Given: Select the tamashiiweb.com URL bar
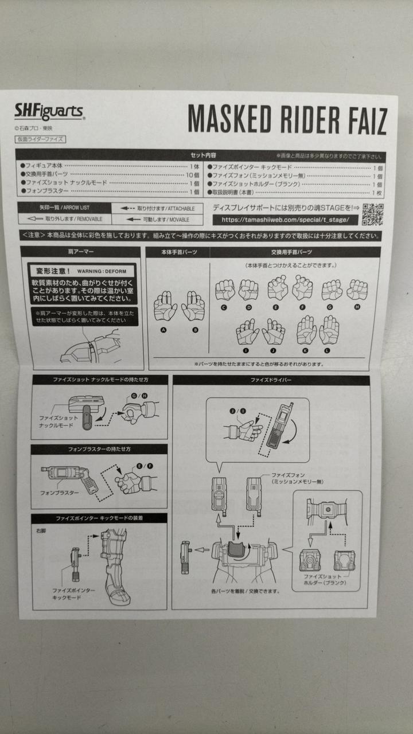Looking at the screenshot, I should point(285,220).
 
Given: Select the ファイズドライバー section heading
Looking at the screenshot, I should point(271,380).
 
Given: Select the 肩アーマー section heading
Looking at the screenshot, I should point(81,252).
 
